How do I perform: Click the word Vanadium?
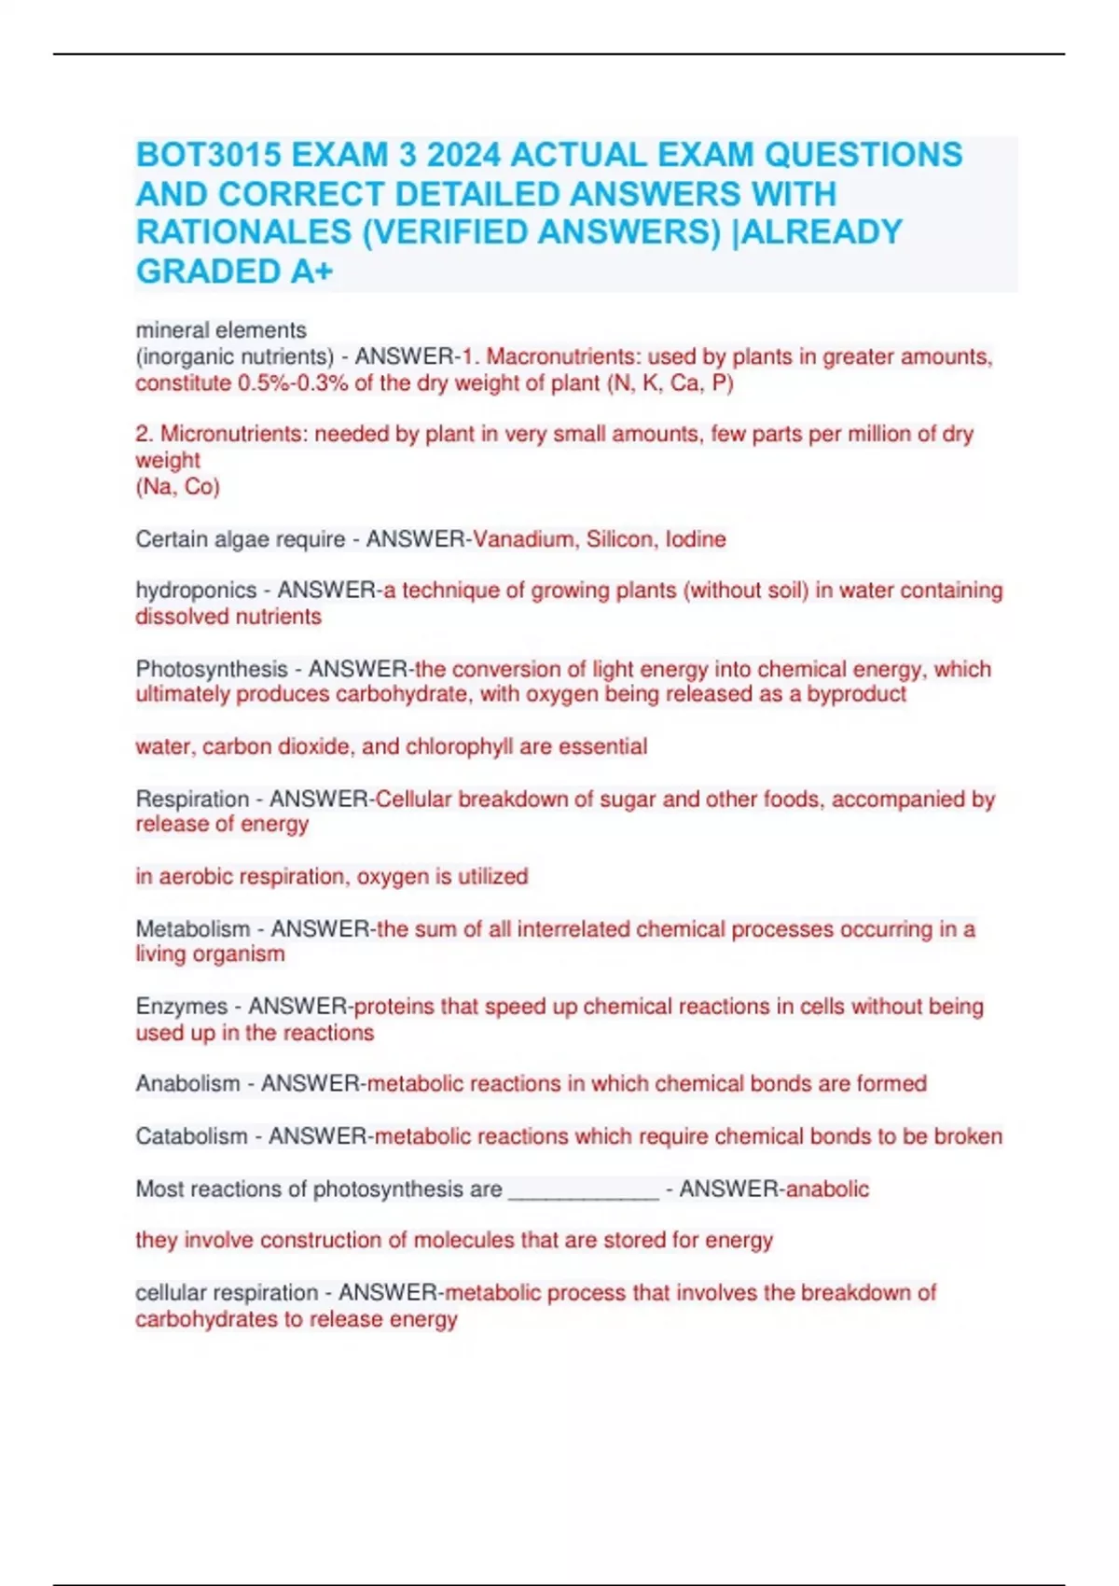(x=524, y=539)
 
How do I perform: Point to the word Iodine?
(x=696, y=539)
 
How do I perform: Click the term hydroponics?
(x=196, y=591)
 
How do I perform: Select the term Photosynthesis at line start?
(x=212, y=669)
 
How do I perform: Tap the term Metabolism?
(x=193, y=929)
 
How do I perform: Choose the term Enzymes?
(x=182, y=1007)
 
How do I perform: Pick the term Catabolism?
(x=191, y=1136)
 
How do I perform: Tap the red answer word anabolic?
(x=828, y=1189)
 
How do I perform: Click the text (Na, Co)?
(x=177, y=487)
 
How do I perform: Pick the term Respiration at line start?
(x=193, y=800)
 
